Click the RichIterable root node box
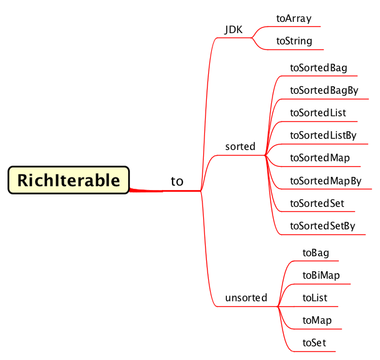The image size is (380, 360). point(68,181)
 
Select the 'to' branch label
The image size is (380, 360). point(177,181)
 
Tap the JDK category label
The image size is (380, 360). point(234,29)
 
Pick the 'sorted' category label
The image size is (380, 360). point(240,146)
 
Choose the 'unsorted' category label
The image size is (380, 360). point(246,297)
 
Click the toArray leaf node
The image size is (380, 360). point(294,19)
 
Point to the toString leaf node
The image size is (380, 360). point(294,41)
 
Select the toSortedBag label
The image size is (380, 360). point(319,67)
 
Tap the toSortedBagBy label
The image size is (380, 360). point(324,90)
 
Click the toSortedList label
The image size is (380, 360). point(318,113)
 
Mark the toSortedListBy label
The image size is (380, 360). point(323,135)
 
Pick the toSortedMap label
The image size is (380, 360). point(319,157)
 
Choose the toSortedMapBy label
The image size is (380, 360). point(326,181)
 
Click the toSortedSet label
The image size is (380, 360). point(317,203)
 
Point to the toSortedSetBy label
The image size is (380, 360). point(322,226)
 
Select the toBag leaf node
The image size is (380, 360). point(315,252)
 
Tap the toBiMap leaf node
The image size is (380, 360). point(321,275)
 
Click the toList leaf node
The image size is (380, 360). point(314,298)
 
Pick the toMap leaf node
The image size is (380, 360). point(317,320)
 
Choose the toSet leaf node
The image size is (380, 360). point(314,342)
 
